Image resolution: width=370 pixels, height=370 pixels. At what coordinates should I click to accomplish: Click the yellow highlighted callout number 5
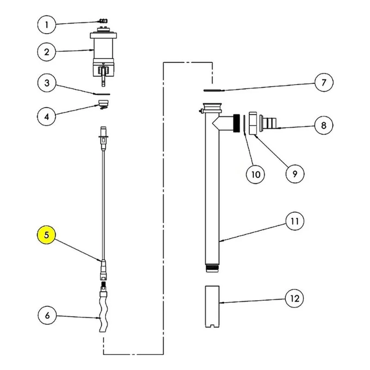click(47, 235)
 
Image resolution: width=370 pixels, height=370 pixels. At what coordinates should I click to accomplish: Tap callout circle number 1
click(47, 25)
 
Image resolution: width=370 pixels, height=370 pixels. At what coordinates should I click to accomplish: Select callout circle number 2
click(47, 52)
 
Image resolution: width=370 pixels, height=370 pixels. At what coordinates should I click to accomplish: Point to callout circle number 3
click(47, 83)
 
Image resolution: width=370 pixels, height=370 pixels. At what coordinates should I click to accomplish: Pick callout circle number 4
click(47, 117)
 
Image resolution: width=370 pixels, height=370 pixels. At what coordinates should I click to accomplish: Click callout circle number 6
click(47, 315)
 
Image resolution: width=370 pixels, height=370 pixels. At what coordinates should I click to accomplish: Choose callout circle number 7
click(324, 82)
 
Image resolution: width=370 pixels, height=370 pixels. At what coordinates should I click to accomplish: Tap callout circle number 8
click(323, 125)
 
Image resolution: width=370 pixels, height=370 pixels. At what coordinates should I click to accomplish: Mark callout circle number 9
click(295, 174)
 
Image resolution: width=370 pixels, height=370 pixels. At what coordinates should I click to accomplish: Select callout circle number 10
click(255, 174)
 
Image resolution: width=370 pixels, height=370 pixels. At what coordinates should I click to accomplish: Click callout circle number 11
click(295, 221)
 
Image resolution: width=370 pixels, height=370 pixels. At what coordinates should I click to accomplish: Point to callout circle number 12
click(295, 298)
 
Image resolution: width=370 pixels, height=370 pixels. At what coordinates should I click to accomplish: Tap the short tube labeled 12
click(212, 307)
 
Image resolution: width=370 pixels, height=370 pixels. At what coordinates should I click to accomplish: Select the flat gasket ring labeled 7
click(213, 90)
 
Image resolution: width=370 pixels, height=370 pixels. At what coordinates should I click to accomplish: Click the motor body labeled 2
click(103, 54)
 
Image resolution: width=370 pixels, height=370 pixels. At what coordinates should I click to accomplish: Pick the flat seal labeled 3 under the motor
click(102, 94)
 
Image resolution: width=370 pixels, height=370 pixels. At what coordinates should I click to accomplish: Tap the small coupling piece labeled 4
click(103, 105)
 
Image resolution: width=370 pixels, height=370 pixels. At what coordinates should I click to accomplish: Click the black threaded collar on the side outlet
click(236, 123)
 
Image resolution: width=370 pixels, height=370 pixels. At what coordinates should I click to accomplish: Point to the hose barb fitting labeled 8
click(268, 123)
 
